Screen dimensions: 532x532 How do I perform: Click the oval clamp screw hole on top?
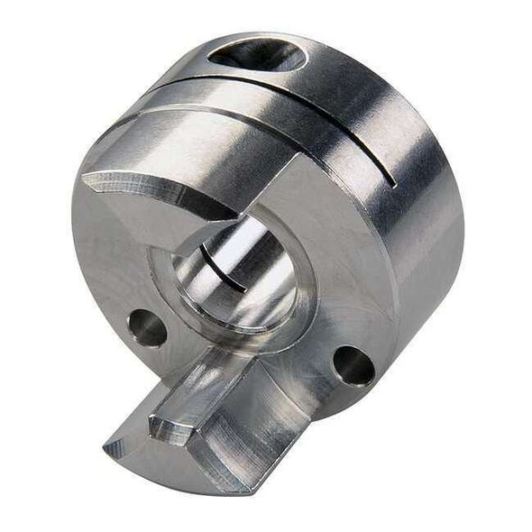click(257, 56)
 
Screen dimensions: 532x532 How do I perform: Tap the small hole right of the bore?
click(353, 365)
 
